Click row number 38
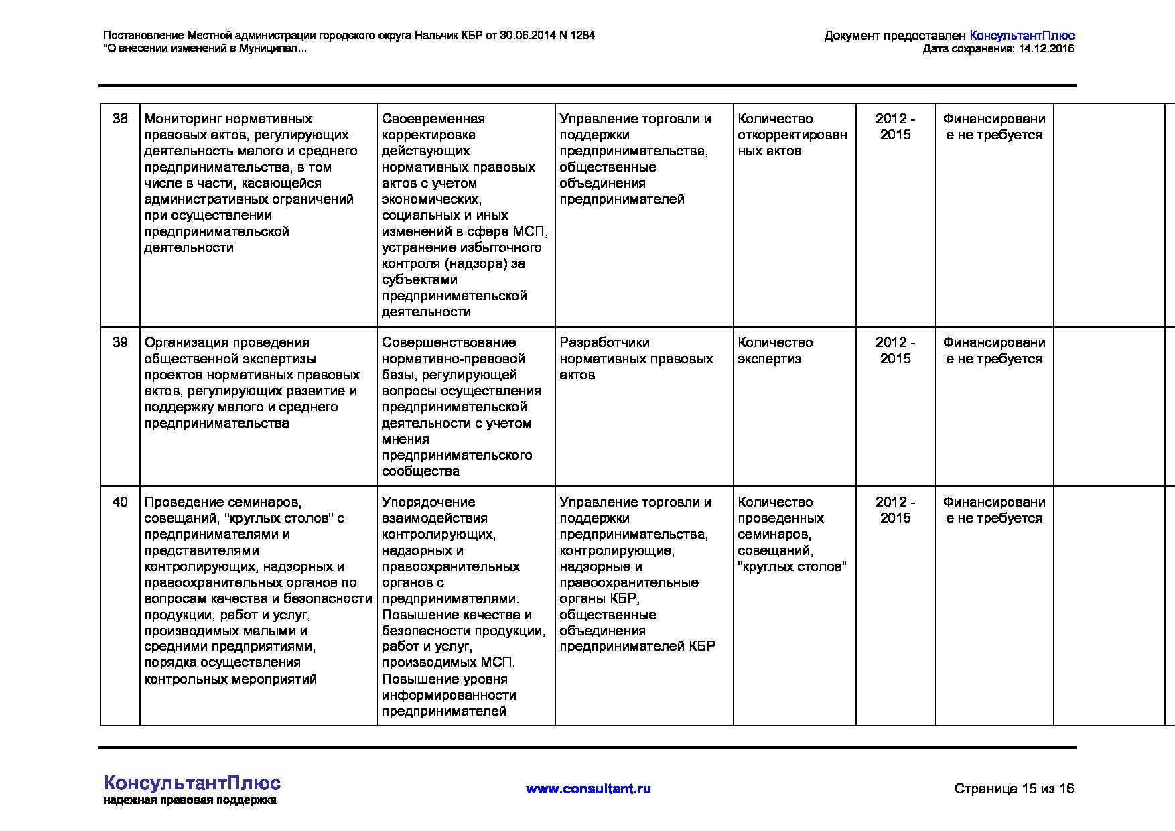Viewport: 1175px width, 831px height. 120,119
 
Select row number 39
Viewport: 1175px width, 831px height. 120,342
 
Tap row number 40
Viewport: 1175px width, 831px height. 120,502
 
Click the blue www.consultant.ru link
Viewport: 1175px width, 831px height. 588,789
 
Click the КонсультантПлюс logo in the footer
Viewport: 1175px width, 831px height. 192,783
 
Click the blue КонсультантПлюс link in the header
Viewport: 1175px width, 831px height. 1022,36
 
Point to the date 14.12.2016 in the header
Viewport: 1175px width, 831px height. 1046,49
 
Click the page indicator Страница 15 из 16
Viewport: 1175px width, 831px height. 1014,789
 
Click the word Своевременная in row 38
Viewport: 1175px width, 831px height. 433,119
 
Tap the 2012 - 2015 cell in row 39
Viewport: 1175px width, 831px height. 895,350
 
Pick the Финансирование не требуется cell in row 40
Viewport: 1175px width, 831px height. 993,510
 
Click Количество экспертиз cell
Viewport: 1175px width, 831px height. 775,350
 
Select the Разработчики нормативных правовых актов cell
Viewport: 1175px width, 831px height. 636,359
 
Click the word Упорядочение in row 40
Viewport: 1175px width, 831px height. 428,502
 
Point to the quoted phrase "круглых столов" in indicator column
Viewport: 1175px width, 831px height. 792,566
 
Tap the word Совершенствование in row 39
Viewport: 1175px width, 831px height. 449,342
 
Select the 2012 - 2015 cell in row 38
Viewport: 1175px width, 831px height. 895,127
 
